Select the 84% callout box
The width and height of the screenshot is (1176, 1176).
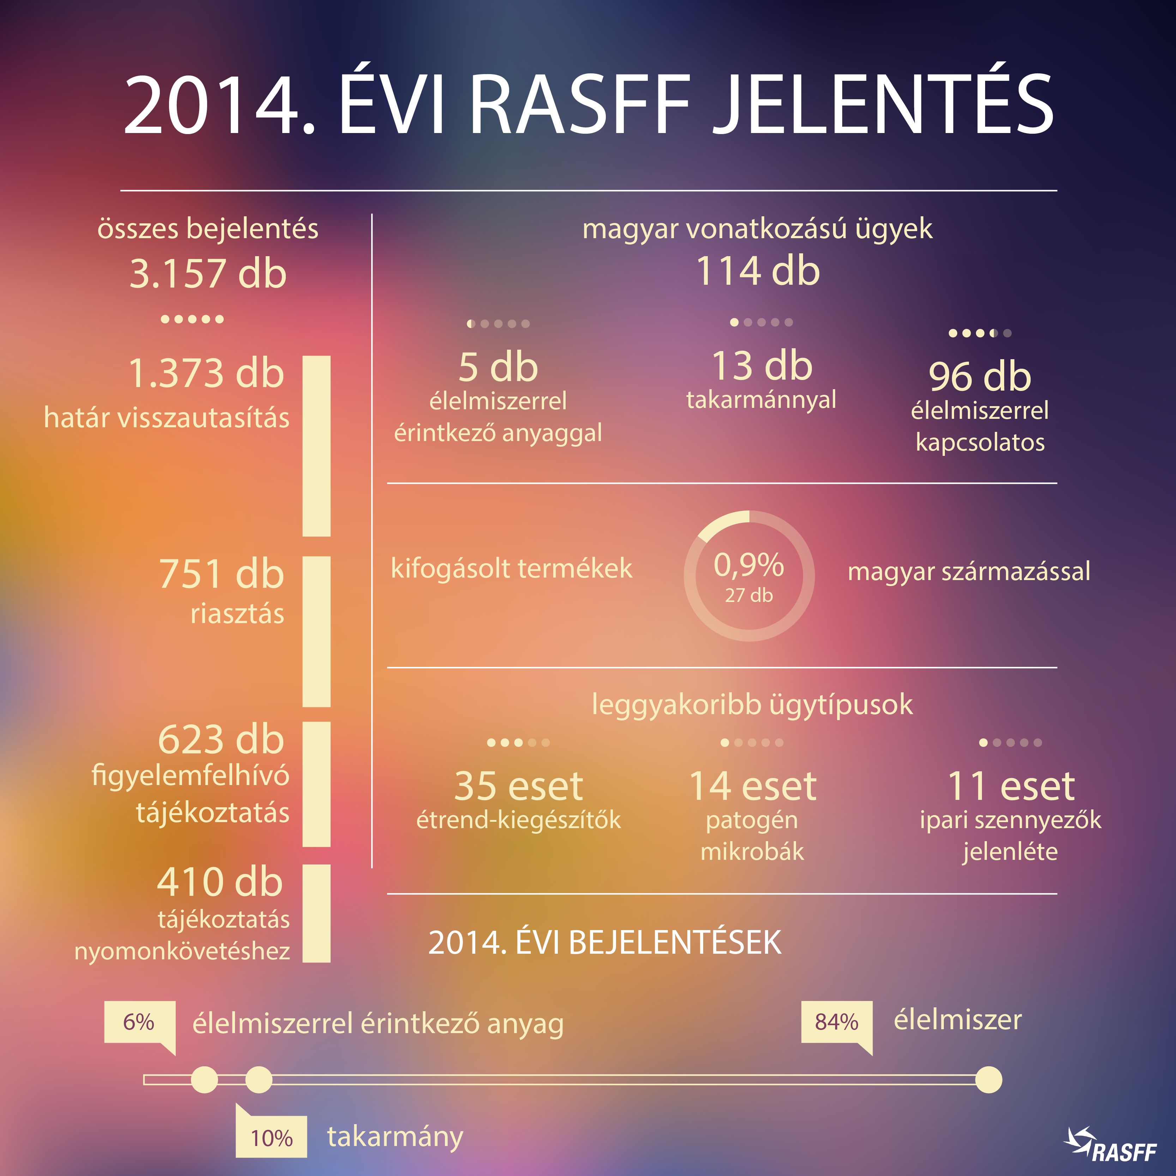[836, 1021]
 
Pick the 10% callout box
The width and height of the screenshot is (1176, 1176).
[271, 1138]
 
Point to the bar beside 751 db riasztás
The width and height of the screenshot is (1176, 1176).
[316, 631]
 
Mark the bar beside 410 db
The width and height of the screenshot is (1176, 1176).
[316, 913]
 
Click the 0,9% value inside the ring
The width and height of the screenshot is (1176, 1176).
[749, 565]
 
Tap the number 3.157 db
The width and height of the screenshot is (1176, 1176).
[208, 273]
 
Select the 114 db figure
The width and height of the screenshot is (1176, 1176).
[758, 271]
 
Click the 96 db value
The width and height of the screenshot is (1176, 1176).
[979, 376]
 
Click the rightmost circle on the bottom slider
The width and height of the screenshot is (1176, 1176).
[988, 1080]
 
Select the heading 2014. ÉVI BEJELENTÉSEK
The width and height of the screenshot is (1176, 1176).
[604, 942]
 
